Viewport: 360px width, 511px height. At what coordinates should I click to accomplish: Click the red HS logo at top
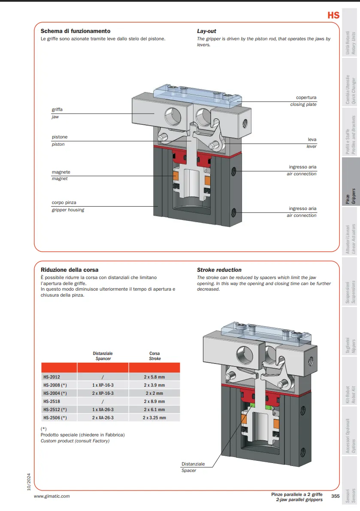click(x=333, y=15)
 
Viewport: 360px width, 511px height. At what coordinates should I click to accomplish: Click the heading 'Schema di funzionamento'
click(x=76, y=31)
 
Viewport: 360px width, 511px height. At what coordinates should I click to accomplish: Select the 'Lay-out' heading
click(x=206, y=31)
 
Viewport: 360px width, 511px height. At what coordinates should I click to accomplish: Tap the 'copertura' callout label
click(x=306, y=98)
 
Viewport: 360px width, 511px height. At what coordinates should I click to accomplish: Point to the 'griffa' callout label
click(x=57, y=110)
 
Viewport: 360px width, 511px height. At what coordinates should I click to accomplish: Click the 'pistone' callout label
click(x=60, y=137)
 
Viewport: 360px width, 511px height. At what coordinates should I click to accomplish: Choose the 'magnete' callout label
click(x=61, y=172)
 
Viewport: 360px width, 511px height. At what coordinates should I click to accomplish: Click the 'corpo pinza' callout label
click(x=64, y=203)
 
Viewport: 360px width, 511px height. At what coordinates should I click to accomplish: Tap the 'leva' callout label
click(x=312, y=140)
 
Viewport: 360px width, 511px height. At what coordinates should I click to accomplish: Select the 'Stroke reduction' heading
click(x=219, y=270)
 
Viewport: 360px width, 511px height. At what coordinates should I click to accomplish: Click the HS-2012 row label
click(x=51, y=377)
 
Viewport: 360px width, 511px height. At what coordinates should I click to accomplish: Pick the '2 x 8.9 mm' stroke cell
click(x=154, y=402)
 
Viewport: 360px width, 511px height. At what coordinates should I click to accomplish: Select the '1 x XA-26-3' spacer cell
click(x=103, y=410)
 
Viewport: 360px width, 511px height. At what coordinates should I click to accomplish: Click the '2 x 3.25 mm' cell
click(x=154, y=418)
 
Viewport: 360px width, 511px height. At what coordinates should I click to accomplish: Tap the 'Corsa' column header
click(x=155, y=354)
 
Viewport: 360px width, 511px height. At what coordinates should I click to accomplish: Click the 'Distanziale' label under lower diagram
click(x=193, y=464)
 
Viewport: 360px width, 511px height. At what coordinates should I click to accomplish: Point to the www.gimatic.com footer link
click(x=51, y=496)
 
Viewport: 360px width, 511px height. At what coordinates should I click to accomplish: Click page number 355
click(x=335, y=496)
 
